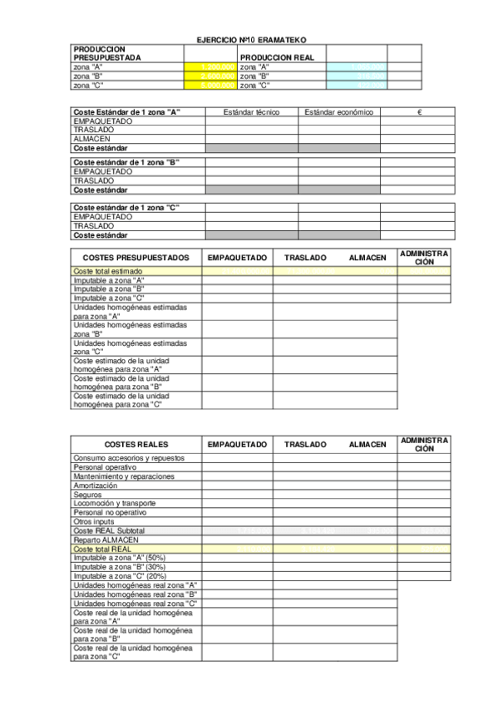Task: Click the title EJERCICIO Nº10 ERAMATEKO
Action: tap(249, 39)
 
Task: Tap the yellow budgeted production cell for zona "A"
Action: tap(210, 66)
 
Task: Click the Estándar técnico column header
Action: tap(252, 111)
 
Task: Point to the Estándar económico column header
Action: tap(339, 111)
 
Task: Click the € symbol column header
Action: tap(420, 111)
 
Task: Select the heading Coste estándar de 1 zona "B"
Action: tap(126, 162)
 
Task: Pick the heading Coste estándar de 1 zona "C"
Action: tap(126, 207)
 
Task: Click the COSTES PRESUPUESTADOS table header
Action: tap(136, 258)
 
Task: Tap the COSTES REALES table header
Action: tap(136, 445)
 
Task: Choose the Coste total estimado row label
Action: tap(108, 271)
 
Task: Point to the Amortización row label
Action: tap(96, 486)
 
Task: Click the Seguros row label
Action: tap(87, 495)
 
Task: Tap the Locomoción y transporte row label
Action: tap(115, 504)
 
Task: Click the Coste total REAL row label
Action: tap(103, 549)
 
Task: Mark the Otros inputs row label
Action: tap(95, 521)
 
